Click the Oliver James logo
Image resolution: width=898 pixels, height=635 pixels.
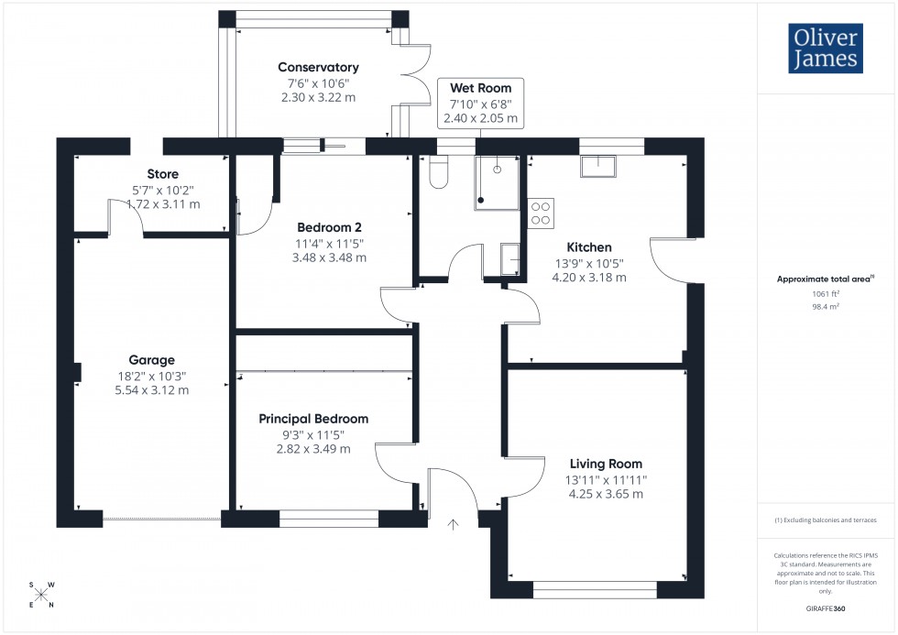(x=825, y=49)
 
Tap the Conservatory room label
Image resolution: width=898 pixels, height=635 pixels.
(x=318, y=67)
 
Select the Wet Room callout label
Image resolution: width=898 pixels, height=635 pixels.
(x=480, y=88)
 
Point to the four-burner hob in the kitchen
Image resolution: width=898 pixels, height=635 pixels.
(x=541, y=213)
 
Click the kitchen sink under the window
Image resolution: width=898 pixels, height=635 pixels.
(x=602, y=165)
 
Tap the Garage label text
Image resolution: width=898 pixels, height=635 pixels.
(x=151, y=360)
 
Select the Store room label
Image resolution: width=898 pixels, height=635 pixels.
(x=162, y=174)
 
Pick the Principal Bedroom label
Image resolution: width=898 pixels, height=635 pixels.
(x=313, y=419)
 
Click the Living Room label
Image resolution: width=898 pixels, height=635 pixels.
(x=606, y=464)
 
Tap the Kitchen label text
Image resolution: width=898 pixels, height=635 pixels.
(x=588, y=247)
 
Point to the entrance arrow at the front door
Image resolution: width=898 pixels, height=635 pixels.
(x=452, y=524)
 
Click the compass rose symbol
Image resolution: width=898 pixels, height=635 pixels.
(x=41, y=594)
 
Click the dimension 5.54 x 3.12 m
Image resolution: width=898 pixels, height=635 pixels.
(x=151, y=389)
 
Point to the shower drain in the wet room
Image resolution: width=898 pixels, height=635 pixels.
(x=497, y=169)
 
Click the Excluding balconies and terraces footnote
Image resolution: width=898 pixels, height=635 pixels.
(x=825, y=520)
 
